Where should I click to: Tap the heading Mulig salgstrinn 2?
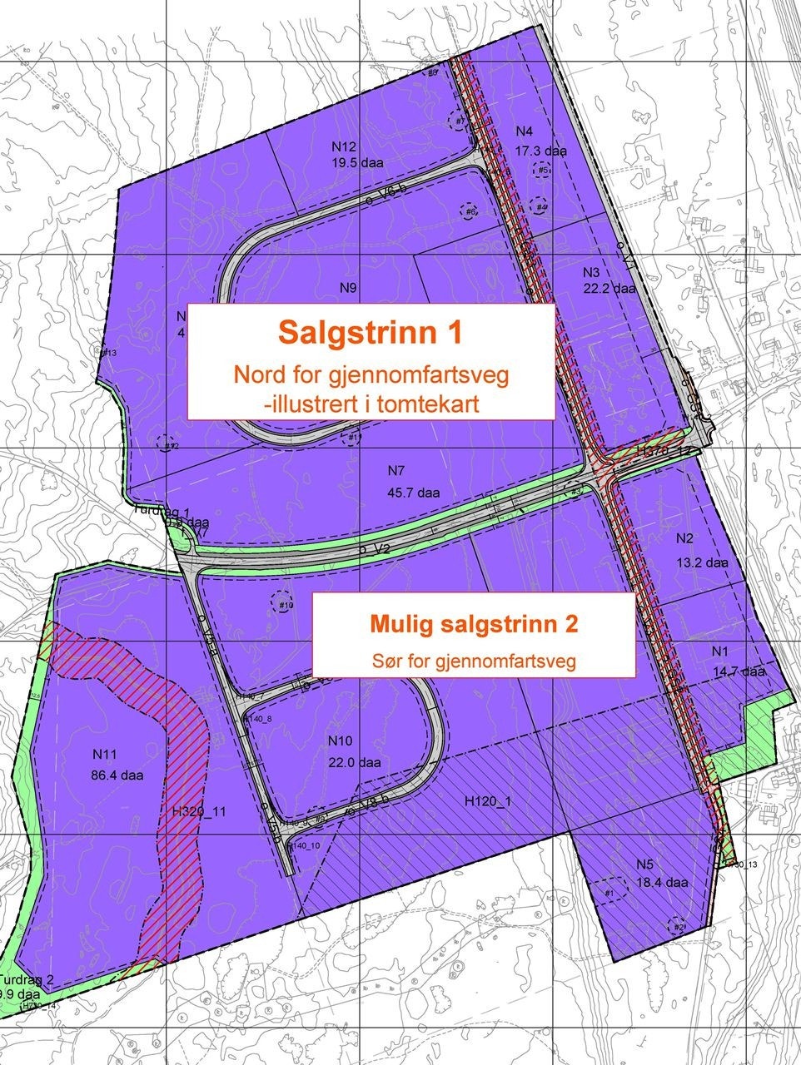click(473, 622)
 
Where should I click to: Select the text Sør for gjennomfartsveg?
click(473, 663)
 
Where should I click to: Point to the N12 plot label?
click(343, 147)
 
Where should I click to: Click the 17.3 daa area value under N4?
click(540, 151)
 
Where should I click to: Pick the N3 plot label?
click(590, 273)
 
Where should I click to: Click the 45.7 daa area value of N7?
click(413, 493)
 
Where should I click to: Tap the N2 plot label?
click(685, 537)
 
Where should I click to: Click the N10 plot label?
click(341, 741)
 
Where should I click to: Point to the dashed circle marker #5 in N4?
click(542, 171)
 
